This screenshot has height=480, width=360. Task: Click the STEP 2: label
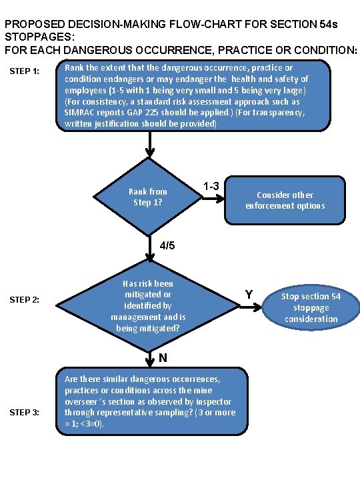(x=25, y=300)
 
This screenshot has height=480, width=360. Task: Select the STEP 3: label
(x=25, y=413)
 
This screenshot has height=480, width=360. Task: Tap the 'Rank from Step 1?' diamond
(x=149, y=197)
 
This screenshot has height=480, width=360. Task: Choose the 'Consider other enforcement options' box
(x=285, y=200)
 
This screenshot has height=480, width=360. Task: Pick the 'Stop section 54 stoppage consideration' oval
(x=311, y=307)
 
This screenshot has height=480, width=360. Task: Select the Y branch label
(x=248, y=294)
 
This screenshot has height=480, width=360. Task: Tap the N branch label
(x=163, y=358)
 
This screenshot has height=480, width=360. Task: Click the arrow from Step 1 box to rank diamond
(x=151, y=146)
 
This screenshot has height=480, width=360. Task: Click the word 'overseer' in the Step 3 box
(x=81, y=403)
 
